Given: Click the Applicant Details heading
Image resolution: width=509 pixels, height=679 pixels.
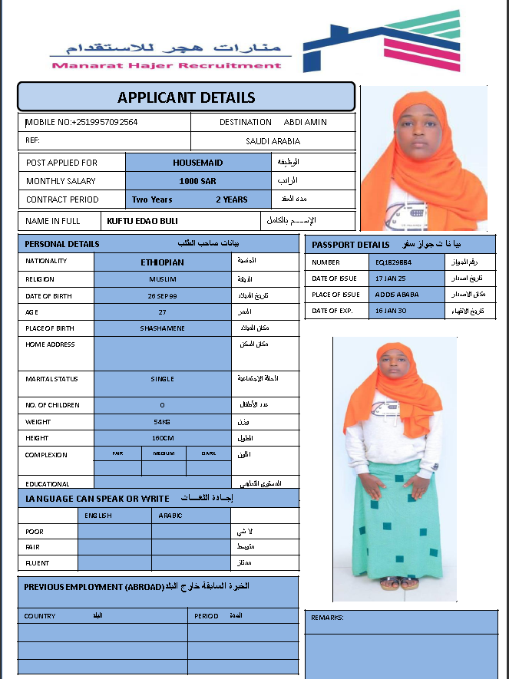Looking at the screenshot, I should click(186, 97).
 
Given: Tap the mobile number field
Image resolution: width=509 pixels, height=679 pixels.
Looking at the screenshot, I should click(82, 122).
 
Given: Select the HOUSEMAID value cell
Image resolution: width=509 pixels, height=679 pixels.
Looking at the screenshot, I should click(197, 163).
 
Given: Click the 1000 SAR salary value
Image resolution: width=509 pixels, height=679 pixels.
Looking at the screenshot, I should click(197, 181).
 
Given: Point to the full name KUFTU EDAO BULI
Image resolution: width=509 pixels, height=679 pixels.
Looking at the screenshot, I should click(143, 221).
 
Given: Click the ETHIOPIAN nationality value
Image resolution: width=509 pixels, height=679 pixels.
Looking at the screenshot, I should click(162, 262).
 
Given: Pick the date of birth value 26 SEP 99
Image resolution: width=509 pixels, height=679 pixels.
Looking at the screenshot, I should click(162, 295).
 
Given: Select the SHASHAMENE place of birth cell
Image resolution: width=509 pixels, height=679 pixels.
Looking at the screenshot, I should click(162, 328).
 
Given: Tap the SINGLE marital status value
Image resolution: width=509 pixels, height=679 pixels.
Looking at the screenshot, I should click(162, 379).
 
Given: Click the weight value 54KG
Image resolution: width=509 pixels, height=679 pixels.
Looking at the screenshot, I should click(162, 422).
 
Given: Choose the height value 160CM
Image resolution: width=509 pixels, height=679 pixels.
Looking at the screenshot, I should click(162, 438).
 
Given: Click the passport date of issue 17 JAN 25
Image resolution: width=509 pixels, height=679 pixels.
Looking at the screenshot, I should click(391, 279).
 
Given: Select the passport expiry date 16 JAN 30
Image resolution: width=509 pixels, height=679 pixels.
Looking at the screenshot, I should click(391, 311).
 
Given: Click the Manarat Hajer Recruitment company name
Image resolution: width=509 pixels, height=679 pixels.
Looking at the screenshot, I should click(167, 66).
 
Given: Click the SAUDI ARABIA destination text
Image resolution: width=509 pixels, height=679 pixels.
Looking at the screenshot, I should click(273, 141).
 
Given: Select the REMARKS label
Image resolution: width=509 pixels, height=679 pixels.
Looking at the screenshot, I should click(327, 618).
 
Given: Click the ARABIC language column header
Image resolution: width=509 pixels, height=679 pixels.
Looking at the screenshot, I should click(170, 516).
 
